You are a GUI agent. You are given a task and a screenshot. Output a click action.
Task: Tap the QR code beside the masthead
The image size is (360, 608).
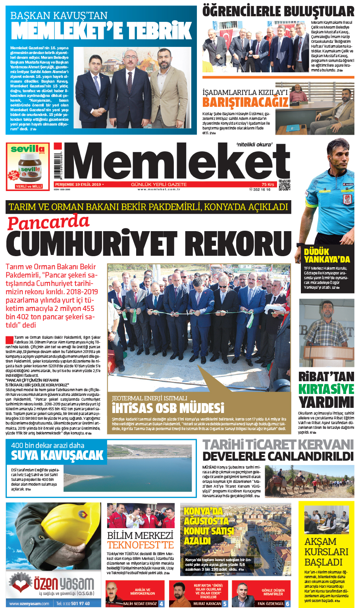click(284, 185)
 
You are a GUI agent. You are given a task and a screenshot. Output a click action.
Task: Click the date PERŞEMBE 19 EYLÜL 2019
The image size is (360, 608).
click(78, 185)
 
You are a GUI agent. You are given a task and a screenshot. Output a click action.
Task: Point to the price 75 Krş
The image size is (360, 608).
click(268, 185)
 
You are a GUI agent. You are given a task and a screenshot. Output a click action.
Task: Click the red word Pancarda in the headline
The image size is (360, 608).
click(48, 222)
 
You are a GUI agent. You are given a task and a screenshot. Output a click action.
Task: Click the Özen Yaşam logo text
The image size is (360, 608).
click(64, 583)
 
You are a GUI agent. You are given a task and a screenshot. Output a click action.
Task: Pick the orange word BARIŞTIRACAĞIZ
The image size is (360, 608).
click(245, 102)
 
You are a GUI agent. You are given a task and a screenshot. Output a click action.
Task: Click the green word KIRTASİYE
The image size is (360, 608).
click(326, 389)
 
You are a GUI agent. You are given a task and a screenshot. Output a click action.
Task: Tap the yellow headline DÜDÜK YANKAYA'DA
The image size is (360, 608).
click(327, 255)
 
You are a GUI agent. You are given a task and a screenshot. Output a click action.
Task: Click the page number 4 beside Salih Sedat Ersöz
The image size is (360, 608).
click(161, 604)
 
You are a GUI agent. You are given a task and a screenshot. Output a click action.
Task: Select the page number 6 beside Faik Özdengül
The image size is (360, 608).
click(287, 604)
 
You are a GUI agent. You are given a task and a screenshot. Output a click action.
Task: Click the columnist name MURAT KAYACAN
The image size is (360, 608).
click(207, 604)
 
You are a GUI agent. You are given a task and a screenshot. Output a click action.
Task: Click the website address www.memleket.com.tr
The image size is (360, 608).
click(159, 189)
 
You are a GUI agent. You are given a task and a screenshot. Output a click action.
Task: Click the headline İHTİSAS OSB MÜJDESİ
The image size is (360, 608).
click(168, 408)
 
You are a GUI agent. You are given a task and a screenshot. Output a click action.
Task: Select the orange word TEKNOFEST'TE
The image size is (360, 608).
click(141, 545)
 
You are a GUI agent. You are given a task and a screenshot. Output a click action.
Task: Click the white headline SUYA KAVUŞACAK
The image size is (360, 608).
click(57, 455)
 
